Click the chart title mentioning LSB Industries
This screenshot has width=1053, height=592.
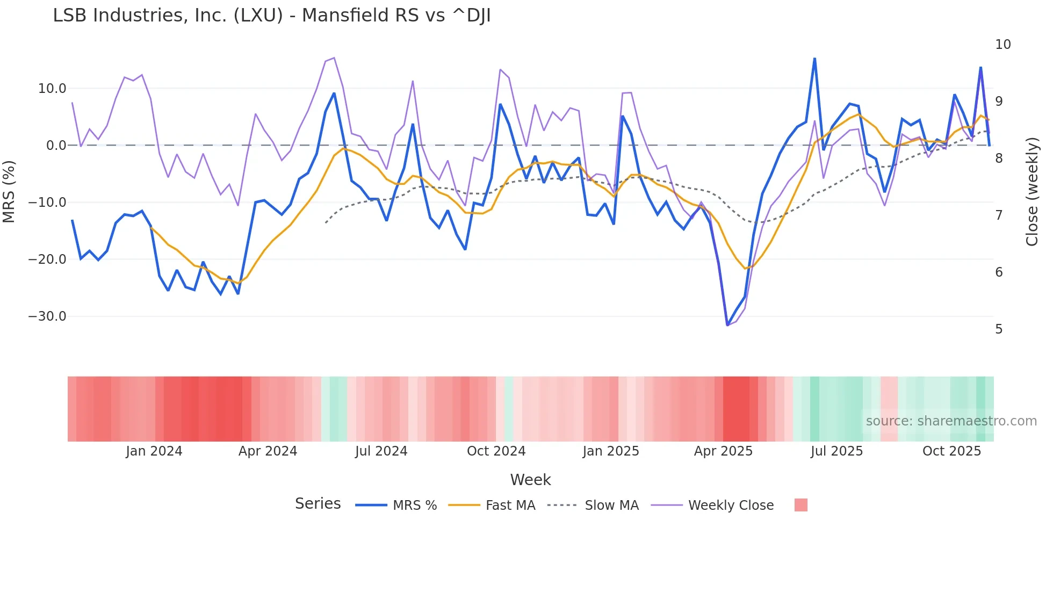click(x=271, y=16)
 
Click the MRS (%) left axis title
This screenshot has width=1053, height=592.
click(x=9, y=192)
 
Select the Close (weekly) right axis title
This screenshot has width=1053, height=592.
click(x=1032, y=192)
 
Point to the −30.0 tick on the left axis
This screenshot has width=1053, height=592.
click(x=47, y=316)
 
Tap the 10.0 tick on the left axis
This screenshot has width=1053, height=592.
click(x=52, y=89)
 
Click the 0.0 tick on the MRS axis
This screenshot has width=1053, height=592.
click(x=56, y=146)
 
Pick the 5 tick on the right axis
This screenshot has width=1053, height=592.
click(x=998, y=329)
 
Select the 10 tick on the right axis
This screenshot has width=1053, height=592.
click(x=1002, y=45)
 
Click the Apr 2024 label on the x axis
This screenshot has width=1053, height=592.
click(x=268, y=451)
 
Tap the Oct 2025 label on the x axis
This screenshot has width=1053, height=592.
click(x=951, y=451)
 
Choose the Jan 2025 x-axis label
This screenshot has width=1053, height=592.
click(x=611, y=451)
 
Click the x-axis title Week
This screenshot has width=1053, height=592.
click(x=530, y=480)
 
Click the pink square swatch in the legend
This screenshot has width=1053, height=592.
click(x=800, y=506)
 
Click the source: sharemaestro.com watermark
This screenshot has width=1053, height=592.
click(x=951, y=421)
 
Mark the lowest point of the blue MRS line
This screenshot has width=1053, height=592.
click(x=727, y=325)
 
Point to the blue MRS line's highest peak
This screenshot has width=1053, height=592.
click(x=814, y=58)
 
